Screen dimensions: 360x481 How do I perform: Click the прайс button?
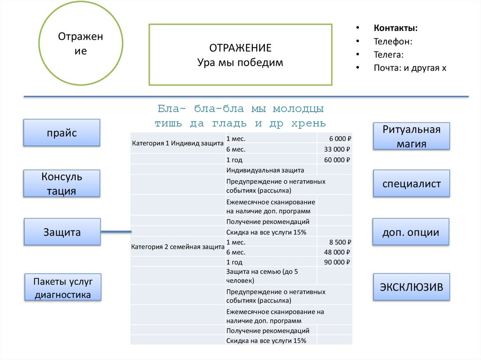[x=62, y=132]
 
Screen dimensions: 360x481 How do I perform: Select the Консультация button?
[x=62, y=184]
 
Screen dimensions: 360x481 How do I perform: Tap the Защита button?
[x=62, y=232]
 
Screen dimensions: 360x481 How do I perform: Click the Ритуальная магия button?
[x=411, y=137]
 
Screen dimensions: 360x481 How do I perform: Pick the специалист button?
[x=411, y=184]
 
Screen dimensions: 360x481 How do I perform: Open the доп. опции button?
[x=411, y=232]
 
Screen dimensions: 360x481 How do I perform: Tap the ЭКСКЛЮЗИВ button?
[x=411, y=287]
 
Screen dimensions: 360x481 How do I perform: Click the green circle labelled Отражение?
[x=81, y=44]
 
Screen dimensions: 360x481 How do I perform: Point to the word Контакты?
[x=396, y=28]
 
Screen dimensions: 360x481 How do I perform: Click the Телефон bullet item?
[x=393, y=41]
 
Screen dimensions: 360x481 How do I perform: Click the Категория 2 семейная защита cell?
[x=177, y=246]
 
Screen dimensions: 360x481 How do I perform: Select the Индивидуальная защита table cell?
[x=265, y=170]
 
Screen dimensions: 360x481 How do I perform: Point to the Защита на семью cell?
[x=262, y=276]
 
